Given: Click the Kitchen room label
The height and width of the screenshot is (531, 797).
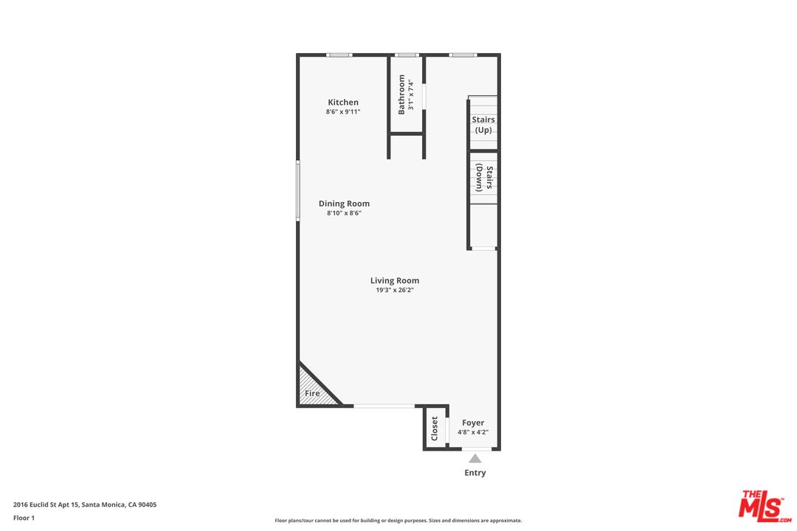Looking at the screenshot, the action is (x=343, y=102).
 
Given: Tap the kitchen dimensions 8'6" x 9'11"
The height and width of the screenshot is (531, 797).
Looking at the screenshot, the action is (x=343, y=112).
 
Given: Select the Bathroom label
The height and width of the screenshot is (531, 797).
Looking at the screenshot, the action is (x=401, y=94).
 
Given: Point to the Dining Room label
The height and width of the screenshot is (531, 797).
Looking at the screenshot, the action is (x=344, y=204).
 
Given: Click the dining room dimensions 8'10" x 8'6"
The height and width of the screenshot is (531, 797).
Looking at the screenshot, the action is (x=344, y=213).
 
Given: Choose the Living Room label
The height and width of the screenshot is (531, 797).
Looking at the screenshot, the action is (x=394, y=280).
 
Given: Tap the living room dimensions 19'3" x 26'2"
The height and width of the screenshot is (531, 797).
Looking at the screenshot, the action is (x=394, y=290).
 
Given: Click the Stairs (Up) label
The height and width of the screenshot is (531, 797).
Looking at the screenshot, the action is (x=483, y=125).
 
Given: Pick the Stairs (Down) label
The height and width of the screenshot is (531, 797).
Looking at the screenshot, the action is (x=484, y=177).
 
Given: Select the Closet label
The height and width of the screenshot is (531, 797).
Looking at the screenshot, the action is (x=435, y=428).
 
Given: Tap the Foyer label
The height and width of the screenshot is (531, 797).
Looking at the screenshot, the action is (x=473, y=423).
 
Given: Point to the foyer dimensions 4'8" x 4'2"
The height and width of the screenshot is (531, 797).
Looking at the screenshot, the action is (x=473, y=432).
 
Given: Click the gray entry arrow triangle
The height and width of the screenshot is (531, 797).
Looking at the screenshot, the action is (x=475, y=459).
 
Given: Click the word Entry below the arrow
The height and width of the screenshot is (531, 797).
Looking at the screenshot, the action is (x=475, y=473).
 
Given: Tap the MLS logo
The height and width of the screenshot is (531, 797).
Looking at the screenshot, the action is (x=765, y=506).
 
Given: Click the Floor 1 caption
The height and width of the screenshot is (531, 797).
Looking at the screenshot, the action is (x=24, y=518).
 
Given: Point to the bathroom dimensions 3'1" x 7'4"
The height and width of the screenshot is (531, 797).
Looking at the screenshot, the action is (x=411, y=94).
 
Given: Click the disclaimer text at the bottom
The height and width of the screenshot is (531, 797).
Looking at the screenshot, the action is (x=398, y=521).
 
